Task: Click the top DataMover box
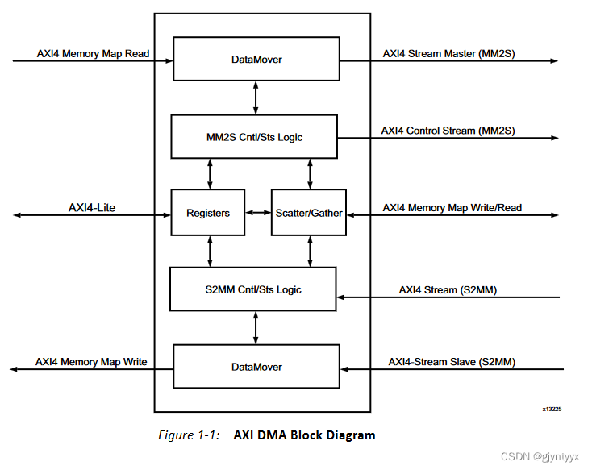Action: [x=256, y=60]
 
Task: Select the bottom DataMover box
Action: [x=256, y=367]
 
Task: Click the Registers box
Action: [x=208, y=213]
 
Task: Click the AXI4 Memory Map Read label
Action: [x=92, y=54]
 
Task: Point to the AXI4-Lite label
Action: [x=93, y=208]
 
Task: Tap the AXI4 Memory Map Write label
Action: [x=91, y=362]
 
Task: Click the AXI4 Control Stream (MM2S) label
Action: [x=448, y=131]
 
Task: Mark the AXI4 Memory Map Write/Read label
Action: [x=452, y=208]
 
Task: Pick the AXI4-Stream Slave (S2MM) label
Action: [x=452, y=362]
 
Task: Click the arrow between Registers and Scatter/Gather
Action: [x=258, y=213]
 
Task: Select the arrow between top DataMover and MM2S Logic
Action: [x=256, y=98]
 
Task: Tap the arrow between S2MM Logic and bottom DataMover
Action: [x=256, y=327]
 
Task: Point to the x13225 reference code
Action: [x=552, y=409]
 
